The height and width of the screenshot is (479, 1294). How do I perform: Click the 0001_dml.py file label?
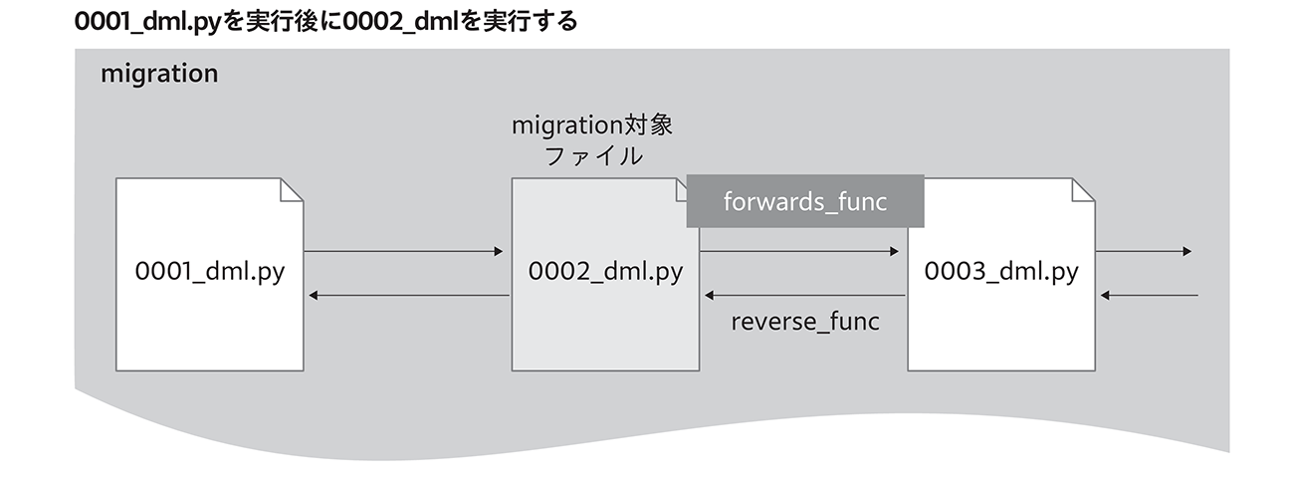coord(210,271)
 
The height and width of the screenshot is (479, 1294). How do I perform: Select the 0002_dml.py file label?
coord(605,271)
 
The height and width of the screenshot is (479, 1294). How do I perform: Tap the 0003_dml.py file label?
coord(1001,271)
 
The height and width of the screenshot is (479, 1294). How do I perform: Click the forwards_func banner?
coord(805,201)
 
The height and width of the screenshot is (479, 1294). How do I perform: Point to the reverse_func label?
coord(805,322)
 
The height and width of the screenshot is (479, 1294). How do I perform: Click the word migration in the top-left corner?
coord(159,74)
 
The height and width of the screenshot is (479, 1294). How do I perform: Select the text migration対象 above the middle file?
coord(592,124)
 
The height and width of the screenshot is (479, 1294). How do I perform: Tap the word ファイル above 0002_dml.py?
coord(593,156)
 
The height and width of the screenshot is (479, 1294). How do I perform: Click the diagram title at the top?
coord(325,21)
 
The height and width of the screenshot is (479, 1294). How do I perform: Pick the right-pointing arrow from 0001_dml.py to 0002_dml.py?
coord(403,251)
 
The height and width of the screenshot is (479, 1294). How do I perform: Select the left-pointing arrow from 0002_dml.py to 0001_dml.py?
coord(409,295)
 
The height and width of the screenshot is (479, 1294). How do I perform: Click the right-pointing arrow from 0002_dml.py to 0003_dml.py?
coord(799,251)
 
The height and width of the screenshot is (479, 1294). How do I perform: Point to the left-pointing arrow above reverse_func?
coord(804,295)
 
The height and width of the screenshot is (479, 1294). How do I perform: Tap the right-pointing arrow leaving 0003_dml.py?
coord(1144,251)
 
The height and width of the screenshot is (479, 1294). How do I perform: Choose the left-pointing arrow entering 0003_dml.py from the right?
coord(1149,295)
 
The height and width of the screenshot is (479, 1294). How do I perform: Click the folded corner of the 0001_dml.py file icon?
coord(291,189)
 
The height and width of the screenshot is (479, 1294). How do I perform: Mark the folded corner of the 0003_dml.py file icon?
coord(1083,189)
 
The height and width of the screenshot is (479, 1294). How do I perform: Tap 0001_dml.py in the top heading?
coord(148,21)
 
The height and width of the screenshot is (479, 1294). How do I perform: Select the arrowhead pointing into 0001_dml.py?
coord(313,295)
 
